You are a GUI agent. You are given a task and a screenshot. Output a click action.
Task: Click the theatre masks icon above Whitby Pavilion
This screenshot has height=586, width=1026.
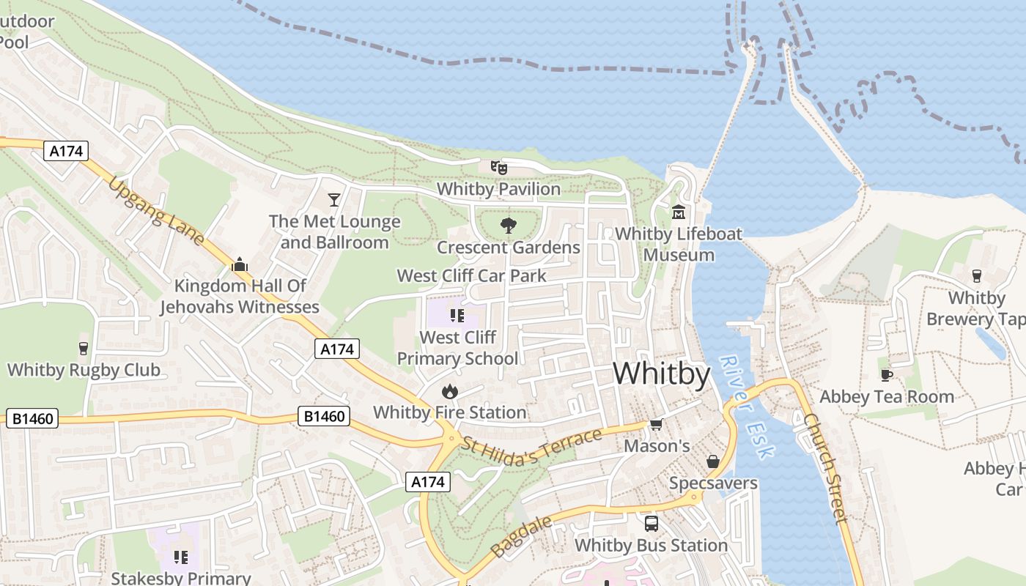click(499, 168)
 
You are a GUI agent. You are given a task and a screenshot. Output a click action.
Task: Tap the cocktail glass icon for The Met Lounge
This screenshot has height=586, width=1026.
click(334, 199)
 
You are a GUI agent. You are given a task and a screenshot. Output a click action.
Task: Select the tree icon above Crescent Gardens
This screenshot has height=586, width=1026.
click(508, 226)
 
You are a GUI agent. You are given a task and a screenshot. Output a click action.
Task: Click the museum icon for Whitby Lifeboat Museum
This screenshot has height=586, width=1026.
click(679, 212)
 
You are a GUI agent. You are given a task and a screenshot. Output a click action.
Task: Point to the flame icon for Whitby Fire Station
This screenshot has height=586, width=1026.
click(450, 391)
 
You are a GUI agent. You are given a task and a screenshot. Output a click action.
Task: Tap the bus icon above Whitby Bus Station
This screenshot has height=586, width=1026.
click(651, 524)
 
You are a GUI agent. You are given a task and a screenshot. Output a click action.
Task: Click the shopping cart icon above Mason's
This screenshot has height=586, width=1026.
click(656, 425)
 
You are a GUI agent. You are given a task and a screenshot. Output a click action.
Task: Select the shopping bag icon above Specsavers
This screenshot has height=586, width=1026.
click(712, 461)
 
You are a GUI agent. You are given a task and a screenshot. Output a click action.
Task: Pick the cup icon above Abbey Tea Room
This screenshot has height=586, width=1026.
click(887, 375)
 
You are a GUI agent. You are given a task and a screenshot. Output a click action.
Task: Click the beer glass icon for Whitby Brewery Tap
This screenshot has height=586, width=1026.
click(976, 276)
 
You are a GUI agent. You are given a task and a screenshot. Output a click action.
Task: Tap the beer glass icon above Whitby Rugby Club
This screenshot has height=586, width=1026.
click(84, 349)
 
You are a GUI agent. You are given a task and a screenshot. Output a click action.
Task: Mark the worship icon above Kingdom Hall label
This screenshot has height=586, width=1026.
click(240, 264)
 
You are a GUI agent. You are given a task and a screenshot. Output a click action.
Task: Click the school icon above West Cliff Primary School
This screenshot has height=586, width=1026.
click(457, 316)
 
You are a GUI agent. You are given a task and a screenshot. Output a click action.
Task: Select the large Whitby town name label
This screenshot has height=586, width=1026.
click(662, 374)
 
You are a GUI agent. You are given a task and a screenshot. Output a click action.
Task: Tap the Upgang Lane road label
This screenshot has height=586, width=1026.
click(156, 212)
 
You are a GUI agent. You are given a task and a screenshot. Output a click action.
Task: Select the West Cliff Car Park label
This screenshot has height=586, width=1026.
click(472, 276)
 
